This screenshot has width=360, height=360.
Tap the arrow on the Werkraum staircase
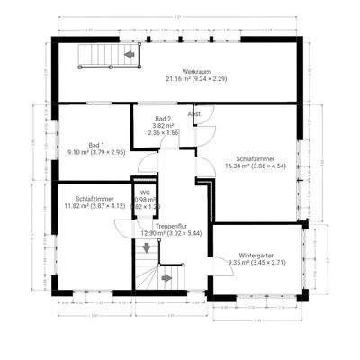point(130,56)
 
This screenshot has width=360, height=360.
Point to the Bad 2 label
point(162,119)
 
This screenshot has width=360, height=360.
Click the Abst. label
point(193,115)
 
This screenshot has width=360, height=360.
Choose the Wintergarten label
point(257,255)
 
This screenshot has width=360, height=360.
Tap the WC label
point(144,193)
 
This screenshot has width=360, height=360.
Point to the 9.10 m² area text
point(78,152)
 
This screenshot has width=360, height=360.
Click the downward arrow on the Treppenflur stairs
point(145,247)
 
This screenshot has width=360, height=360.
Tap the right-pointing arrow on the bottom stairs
point(166,278)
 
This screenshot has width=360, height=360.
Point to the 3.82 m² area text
point(162,126)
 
